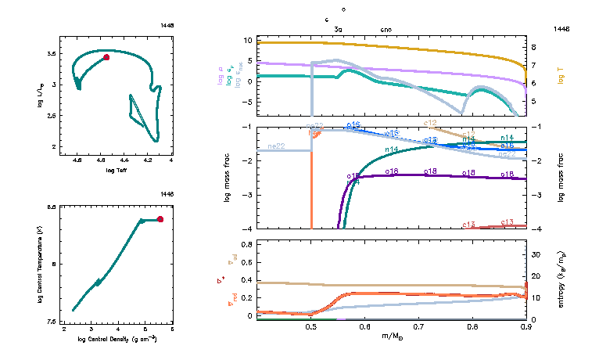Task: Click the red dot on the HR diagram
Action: pyautogui.click(x=106, y=57)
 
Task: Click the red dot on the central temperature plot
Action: pyautogui.click(x=160, y=219)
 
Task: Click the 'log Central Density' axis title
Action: pyautogui.click(x=117, y=339)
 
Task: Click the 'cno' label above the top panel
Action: pyautogui.click(x=386, y=29)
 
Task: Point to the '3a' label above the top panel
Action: pyautogui.click(x=338, y=29)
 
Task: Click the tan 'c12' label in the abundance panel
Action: pyautogui.click(x=430, y=123)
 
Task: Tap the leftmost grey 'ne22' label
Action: pyautogui.click(x=276, y=146)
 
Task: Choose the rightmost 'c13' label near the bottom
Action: pyautogui.click(x=507, y=222)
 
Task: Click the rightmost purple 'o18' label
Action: pyautogui.click(x=507, y=173)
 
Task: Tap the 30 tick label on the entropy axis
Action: pyautogui.click(x=536, y=254)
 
